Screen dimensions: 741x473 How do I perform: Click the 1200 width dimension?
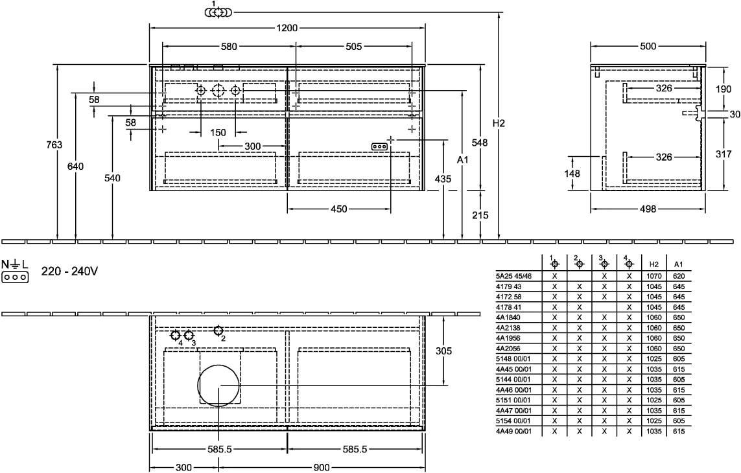coord(287,28)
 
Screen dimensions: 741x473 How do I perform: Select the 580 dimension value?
coord(229,46)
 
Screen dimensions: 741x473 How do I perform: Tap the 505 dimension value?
coord(353,46)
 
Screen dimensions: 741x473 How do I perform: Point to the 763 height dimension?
coord(54,144)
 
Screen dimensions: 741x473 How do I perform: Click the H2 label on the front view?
coord(499,123)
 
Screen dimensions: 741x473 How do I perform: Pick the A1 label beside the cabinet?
coord(463,160)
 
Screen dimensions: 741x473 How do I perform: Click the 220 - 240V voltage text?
coord(69,271)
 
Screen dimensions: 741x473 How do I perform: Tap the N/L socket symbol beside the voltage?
coord(15,271)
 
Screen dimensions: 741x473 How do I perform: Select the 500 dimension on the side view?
coord(648,46)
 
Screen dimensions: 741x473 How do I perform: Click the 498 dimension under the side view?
coord(648,209)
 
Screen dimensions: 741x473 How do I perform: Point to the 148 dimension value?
coord(572,174)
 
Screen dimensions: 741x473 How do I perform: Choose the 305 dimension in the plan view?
coord(443,351)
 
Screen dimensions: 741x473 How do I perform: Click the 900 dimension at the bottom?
coord(322,468)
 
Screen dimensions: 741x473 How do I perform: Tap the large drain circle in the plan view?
coord(218,386)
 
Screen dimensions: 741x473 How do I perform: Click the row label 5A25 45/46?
coord(513,276)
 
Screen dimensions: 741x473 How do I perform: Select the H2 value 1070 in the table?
coord(654,276)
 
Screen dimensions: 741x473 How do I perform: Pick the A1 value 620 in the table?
coord(679,276)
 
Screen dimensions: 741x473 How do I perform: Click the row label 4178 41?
coord(508,307)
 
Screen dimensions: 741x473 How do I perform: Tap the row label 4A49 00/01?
coord(513,432)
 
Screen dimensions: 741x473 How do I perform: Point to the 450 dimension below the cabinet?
coord(339,209)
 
